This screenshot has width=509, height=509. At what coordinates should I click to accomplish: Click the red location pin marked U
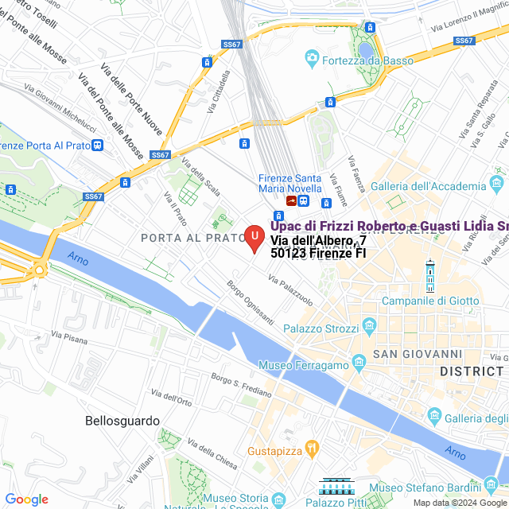[253, 237]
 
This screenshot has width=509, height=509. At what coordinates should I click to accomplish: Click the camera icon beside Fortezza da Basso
[313, 59]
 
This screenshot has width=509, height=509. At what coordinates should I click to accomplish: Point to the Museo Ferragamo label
[304, 365]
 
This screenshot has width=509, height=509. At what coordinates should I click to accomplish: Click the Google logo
[26, 499]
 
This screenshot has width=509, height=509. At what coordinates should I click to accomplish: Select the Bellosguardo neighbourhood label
[122, 421]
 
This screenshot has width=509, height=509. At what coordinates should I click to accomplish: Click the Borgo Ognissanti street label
[250, 302]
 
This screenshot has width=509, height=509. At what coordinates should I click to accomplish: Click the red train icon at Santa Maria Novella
[292, 201]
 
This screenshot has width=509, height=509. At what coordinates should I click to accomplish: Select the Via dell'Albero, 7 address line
[318, 240]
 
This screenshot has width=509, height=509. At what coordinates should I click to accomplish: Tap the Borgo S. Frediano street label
[241, 385]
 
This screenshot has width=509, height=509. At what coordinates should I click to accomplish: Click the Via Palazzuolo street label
[291, 291]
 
